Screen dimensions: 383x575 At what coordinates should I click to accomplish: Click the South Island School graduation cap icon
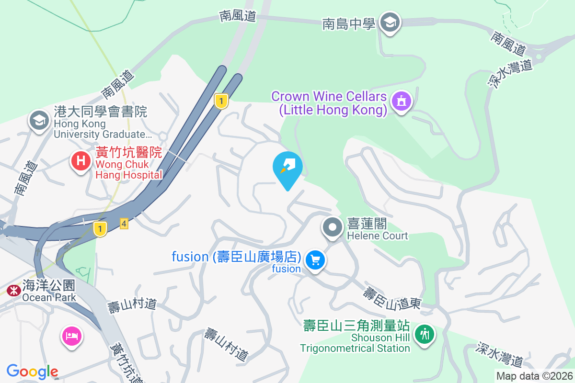(390, 22)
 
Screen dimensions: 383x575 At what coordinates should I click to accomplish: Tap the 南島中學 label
(348, 23)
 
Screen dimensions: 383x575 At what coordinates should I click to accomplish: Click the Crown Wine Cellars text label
(329, 103)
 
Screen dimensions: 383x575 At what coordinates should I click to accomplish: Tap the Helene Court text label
(377, 230)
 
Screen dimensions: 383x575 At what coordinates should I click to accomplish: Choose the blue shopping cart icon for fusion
(315, 260)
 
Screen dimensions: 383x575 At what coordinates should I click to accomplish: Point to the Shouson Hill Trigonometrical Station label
(356, 337)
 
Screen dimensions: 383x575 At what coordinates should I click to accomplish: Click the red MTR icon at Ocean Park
(13, 290)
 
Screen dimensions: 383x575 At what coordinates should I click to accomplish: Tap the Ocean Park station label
(48, 291)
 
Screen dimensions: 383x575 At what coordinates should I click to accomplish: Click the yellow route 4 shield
(124, 224)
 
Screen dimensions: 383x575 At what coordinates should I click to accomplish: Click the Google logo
(32, 372)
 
